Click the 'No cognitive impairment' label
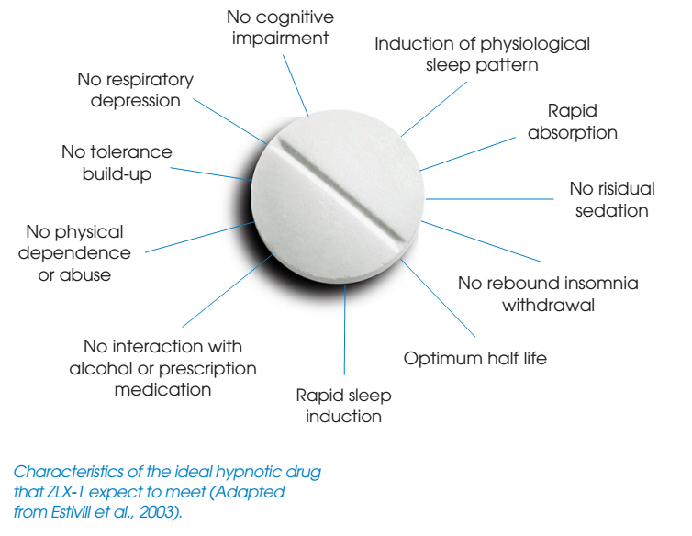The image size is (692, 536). tap(280, 28)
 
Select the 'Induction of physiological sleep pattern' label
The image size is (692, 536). tap(482, 54)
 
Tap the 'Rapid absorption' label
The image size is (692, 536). tap(573, 121)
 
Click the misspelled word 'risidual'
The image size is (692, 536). tap(627, 188)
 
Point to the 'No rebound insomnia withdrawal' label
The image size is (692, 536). tap(548, 294)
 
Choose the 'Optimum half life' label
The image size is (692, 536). tap(474, 358)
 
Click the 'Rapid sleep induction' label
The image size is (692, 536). tap(343, 406)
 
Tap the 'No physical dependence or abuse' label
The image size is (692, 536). tap(74, 253)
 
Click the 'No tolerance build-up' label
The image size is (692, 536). tap(117, 162)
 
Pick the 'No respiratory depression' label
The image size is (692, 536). tap(136, 90)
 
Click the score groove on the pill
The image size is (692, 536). tap(341, 191)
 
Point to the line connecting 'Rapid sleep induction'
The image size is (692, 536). tap(345, 330)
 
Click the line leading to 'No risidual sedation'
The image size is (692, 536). tap(489, 199)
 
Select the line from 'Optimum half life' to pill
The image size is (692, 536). tap(438, 298)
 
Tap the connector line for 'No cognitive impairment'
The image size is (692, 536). tap(296, 85)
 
